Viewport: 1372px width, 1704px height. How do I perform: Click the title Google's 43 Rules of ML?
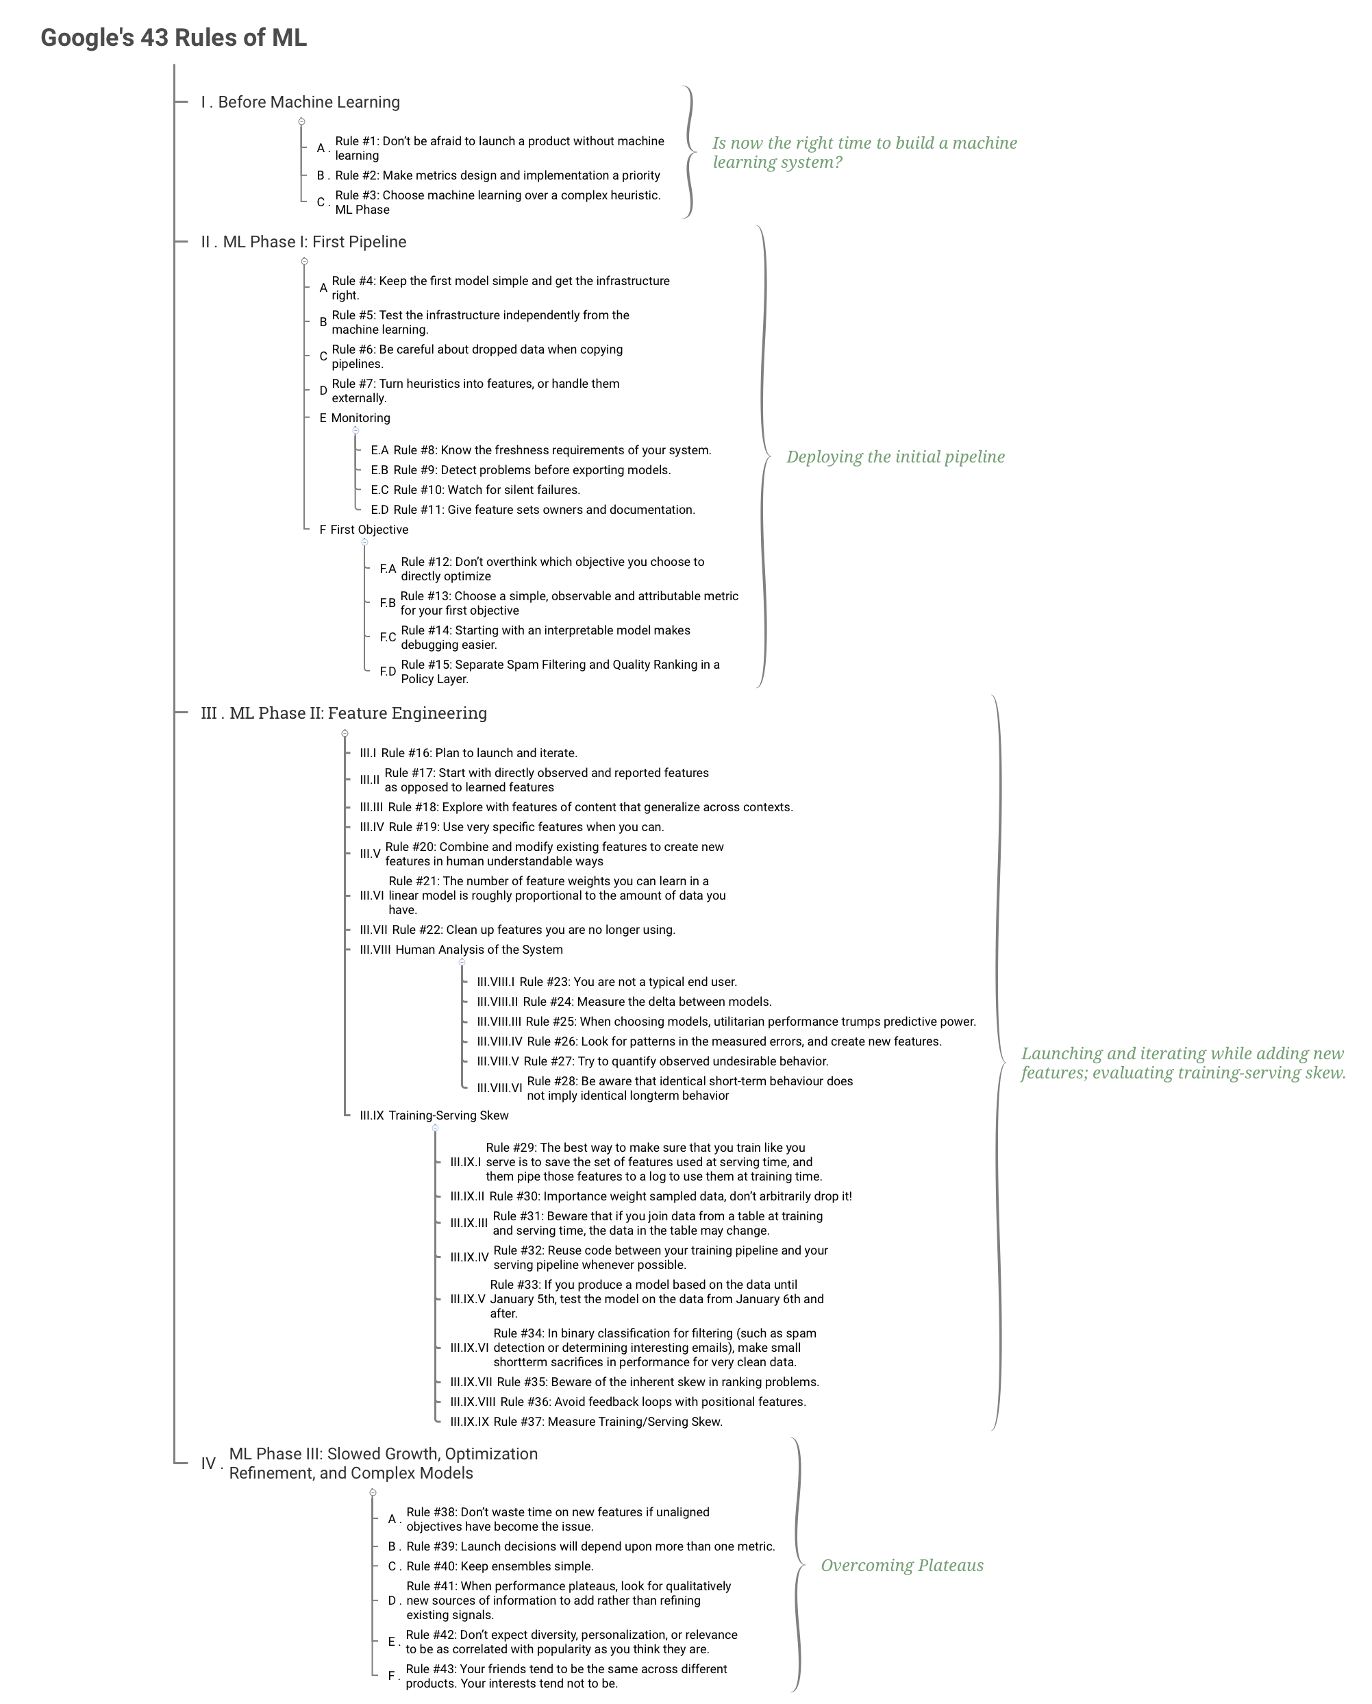pos(174,38)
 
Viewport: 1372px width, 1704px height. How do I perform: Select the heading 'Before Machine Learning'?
pos(309,102)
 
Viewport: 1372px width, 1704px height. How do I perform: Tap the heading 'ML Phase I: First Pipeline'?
pos(314,242)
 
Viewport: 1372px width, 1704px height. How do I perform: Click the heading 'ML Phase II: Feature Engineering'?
pos(358,713)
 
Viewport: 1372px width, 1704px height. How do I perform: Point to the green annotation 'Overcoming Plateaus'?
pos(901,1566)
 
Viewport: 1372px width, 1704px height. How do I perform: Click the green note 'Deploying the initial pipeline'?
pos(895,457)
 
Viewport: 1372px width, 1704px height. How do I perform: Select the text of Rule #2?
pos(498,175)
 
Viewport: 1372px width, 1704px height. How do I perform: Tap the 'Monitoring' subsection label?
pos(360,418)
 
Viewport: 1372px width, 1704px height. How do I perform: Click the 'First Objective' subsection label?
pos(369,530)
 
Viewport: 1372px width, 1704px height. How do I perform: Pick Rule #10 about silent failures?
pos(487,490)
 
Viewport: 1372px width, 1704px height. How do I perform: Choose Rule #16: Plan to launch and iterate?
pos(479,753)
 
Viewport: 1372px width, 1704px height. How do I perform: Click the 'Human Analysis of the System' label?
pos(479,950)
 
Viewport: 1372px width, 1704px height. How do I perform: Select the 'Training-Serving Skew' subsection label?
pos(448,1116)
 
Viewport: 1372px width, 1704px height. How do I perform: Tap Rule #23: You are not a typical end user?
pos(628,983)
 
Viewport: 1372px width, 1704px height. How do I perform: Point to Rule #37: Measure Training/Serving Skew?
pos(608,1422)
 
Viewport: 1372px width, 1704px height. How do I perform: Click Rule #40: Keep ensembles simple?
pos(499,1566)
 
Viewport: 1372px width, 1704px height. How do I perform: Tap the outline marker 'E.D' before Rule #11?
pos(379,510)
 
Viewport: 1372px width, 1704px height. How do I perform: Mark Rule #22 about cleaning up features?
pos(534,930)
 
